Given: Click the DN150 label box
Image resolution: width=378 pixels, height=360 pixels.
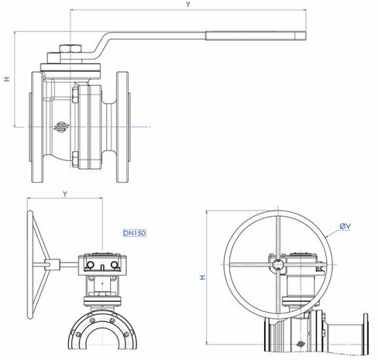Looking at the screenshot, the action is click(x=135, y=233).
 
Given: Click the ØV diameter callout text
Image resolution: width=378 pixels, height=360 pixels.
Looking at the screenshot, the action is click(x=345, y=226).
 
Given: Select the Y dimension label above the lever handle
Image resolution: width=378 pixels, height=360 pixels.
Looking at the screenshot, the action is click(x=188, y=4).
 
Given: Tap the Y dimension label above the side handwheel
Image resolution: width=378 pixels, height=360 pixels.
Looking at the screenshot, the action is click(x=65, y=194).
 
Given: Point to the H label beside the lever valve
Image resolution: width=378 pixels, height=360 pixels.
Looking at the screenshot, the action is click(x=7, y=79).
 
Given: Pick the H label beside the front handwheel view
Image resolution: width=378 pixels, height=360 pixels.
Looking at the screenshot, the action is click(x=203, y=277).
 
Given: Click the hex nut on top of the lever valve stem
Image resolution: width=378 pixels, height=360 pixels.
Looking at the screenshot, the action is click(x=70, y=49).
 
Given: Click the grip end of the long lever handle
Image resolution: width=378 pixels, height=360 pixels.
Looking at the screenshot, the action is click(x=256, y=36).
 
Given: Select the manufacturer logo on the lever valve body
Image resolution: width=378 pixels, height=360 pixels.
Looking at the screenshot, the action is click(x=61, y=127).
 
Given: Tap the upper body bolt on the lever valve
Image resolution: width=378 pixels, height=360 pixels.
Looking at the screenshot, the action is click(x=75, y=95).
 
